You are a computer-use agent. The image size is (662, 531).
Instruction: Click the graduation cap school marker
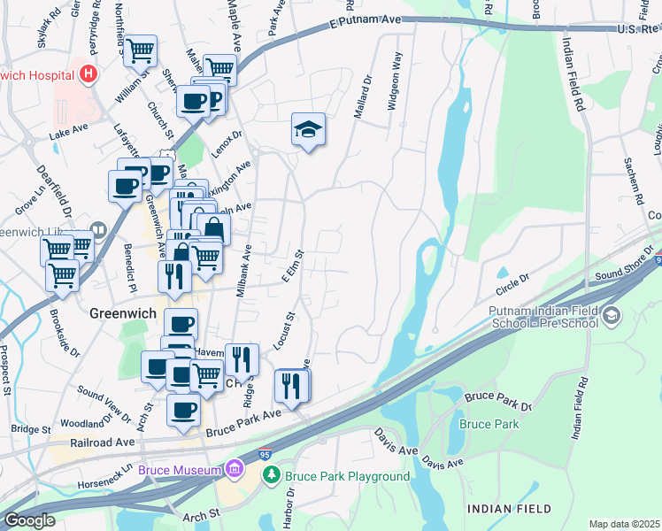[308, 131]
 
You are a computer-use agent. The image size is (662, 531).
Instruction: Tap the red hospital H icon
[87, 73]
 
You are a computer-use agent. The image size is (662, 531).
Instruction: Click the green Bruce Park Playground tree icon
[273, 476]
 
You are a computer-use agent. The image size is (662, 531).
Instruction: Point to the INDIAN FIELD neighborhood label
[509, 509]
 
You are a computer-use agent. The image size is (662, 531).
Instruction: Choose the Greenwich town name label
[124, 313]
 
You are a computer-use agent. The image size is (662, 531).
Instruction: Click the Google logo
[30, 520]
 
